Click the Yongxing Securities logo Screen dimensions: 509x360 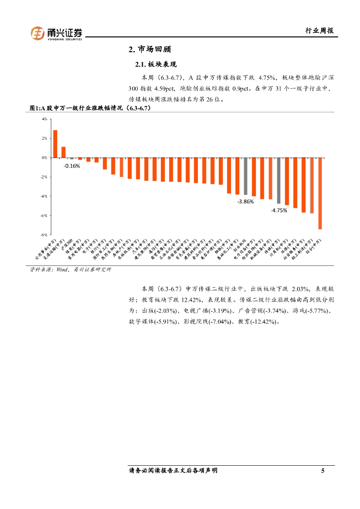pyautogui.click(x=57, y=33)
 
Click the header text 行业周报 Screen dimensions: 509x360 pyautogui.click(x=319, y=31)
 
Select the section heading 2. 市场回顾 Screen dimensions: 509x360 pyautogui.click(x=150, y=50)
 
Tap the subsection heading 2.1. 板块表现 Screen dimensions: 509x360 pyautogui.click(x=156, y=65)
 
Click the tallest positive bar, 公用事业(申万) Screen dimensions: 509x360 pyautogui.click(x=55, y=144)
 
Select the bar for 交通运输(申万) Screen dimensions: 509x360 pyautogui.click(x=64, y=152)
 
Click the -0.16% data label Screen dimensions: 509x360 pyautogui.click(x=72, y=166)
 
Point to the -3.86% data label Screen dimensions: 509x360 pyautogui.click(x=246, y=201)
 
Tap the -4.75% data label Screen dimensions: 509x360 pyautogui.click(x=278, y=210)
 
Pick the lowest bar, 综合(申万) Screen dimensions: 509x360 pyautogui.click(x=320, y=193)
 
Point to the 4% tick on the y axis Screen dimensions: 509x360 pyautogui.click(x=44, y=119)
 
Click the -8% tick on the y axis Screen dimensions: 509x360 pyautogui.click(x=44, y=235)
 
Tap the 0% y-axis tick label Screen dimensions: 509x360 pyautogui.click(x=44, y=158)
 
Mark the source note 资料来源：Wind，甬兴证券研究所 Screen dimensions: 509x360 pyautogui.click(x=71, y=269)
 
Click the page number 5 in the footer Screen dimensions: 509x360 pyautogui.click(x=323, y=471)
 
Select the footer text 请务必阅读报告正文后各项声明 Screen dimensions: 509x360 pyautogui.click(x=173, y=471)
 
